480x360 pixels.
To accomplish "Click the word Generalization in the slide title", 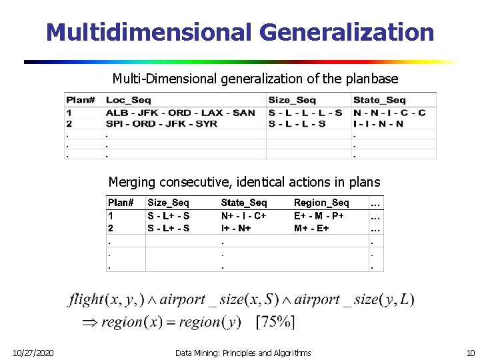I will click(x=346, y=31).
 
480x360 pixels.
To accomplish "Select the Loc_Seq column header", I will click(x=129, y=100).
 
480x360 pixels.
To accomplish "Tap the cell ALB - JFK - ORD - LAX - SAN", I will click(x=180, y=113).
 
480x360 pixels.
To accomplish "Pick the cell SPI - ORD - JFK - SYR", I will click(x=161, y=123).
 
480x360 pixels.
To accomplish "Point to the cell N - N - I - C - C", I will click(x=389, y=113).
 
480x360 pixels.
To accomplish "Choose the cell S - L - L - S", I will click(x=297, y=123).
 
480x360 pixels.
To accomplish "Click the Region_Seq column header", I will click(x=321, y=202).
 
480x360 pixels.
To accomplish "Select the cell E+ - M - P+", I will click(x=319, y=216).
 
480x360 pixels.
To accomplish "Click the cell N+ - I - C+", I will click(x=243, y=216).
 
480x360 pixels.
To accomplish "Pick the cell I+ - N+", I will click(x=236, y=228).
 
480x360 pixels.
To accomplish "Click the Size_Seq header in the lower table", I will click(x=168, y=202).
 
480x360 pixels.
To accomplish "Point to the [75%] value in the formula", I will click(x=275, y=322).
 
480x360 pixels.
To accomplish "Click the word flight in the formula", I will click(x=86, y=300).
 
